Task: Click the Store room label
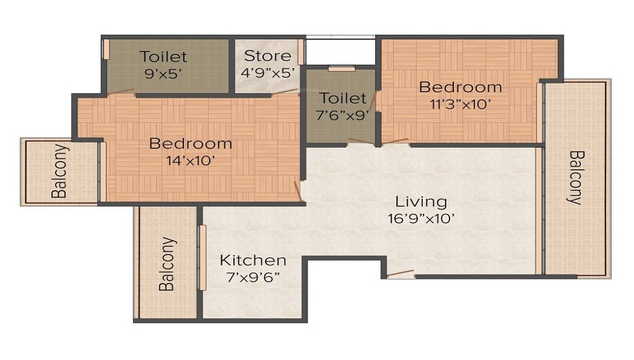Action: (x=268, y=56)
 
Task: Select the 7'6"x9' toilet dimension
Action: (x=342, y=116)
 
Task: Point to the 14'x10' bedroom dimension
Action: (x=190, y=160)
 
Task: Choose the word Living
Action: (x=421, y=202)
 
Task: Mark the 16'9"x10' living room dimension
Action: (x=421, y=219)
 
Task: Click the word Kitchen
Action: (x=253, y=260)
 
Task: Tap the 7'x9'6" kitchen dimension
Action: (x=253, y=277)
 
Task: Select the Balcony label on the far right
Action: (x=575, y=177)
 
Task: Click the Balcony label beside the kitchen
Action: (x=166, y=264)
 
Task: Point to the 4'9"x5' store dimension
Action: (x=268, y=72)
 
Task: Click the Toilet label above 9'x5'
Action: (x=164, y=56)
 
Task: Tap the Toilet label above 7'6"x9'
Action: (x=342, y=98)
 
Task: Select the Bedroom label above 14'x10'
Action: (x=190, y=143)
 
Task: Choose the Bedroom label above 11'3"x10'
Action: (x=460, y=87)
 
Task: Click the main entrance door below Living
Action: (x=401, y=274)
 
